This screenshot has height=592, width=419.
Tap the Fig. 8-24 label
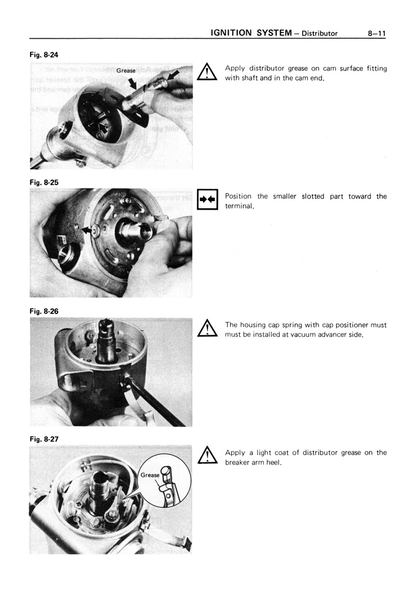tap(44, 55)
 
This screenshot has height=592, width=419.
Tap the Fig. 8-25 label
tap(44, 183)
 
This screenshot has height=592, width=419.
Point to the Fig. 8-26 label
tap(44, 311)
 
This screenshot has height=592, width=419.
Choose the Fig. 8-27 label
tap(44, 439)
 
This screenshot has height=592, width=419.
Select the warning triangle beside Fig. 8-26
tap(207, 328)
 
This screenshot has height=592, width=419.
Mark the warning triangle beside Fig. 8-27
tap(207, 456)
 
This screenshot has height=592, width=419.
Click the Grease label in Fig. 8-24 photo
tap(126, 71)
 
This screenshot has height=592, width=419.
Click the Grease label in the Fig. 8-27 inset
tap(150, 474)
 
